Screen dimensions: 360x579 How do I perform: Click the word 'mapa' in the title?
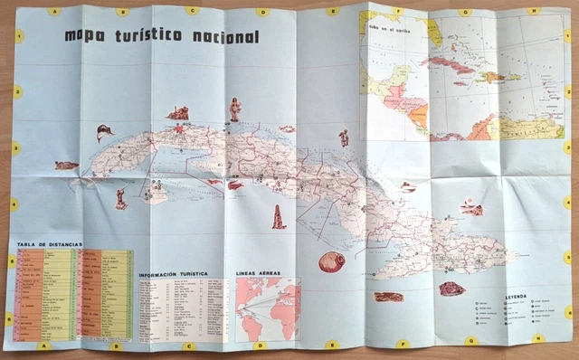[86, 36]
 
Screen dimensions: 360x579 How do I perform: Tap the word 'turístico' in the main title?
[149, 36]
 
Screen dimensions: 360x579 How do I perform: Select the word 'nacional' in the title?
[223, 36]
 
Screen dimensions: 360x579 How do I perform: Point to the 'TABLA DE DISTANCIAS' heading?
[50, 244]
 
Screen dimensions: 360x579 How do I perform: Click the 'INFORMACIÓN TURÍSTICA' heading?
[172, 272]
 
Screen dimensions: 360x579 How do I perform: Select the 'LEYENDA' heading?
[516, 296]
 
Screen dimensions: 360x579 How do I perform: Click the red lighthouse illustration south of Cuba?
[279, 218]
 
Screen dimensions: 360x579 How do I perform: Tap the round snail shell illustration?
[331, 262]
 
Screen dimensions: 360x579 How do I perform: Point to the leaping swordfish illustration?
[105, 134]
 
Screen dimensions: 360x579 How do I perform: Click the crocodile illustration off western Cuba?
[66, 166]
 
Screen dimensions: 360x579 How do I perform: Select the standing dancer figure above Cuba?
[235, 109]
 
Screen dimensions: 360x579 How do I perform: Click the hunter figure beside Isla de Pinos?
[121, 199]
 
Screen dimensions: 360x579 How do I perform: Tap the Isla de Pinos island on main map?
[156, 194]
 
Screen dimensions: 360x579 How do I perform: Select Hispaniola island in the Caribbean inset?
[497, 79]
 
